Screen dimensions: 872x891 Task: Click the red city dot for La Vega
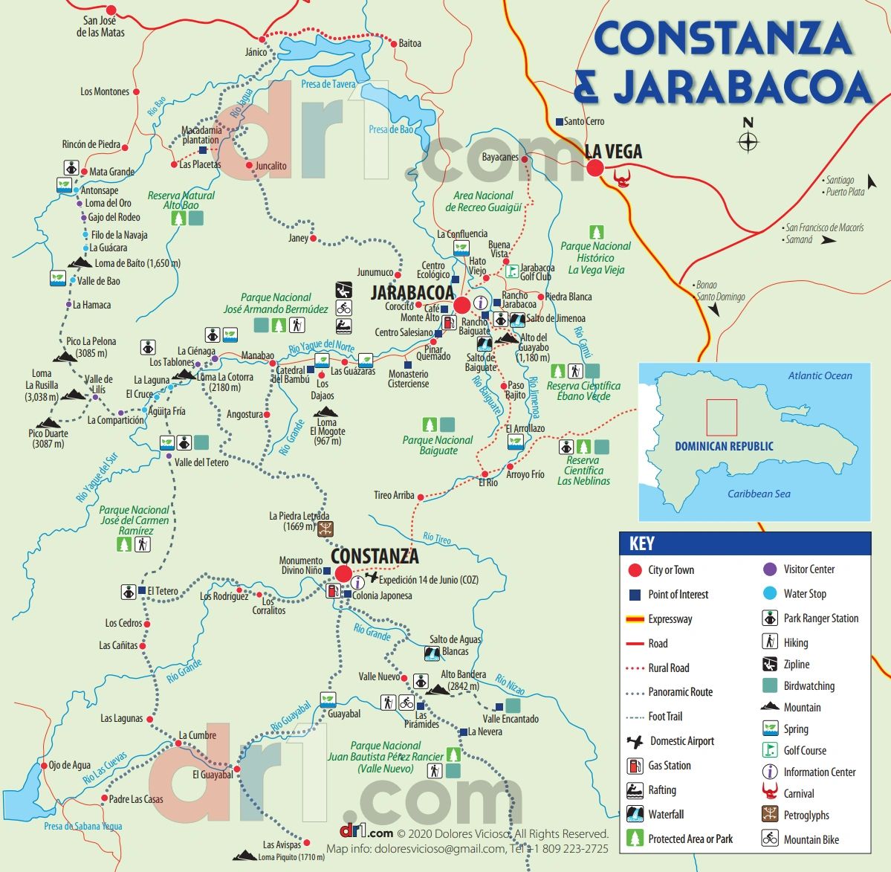[594, 168]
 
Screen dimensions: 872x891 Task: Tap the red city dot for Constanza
[343, 574]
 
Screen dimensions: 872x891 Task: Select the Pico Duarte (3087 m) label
[48, 439]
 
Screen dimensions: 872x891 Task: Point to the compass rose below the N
[748, 141]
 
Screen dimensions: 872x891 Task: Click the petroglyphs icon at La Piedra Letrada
[325, 529]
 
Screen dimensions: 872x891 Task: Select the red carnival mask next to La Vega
[621, 178]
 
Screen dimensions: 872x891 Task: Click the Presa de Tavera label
[328, 85]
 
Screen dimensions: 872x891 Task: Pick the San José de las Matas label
[100, 27]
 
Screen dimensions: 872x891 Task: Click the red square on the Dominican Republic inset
[722, 417]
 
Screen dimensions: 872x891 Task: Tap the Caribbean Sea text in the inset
[759, 494]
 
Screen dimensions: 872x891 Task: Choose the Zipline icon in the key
[770, 665]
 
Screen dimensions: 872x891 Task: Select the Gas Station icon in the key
[635, 766]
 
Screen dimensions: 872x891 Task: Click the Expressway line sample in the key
[635, 619]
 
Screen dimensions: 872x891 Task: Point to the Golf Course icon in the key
[770, 751]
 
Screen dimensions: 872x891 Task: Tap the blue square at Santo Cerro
[559, 121]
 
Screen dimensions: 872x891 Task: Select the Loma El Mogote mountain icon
[325, 411]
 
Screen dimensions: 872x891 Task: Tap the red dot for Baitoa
[394, 44]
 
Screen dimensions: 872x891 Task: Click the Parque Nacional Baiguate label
[438, 445]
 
